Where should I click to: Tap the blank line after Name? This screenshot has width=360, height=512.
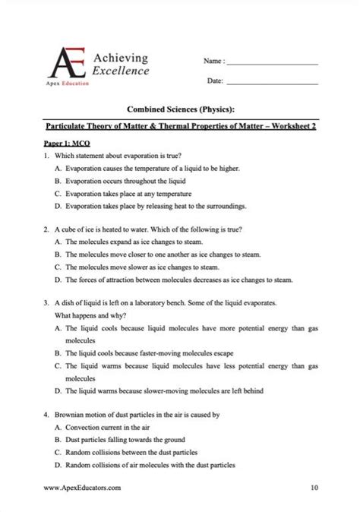[x=273, y=64]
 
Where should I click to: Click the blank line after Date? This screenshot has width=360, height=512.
[x=273, y=83]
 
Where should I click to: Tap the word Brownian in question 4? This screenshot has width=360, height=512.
[x=72, y=416]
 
